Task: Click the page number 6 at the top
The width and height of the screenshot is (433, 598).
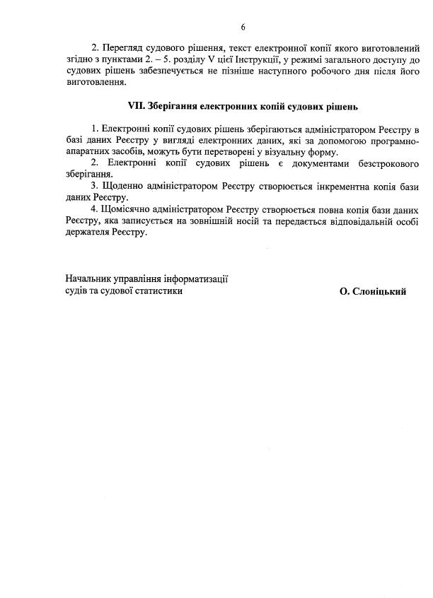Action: coord(243,27)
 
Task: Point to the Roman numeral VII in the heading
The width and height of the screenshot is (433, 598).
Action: coord(136,107)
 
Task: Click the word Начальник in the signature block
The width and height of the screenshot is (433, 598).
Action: coord(90,279)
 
